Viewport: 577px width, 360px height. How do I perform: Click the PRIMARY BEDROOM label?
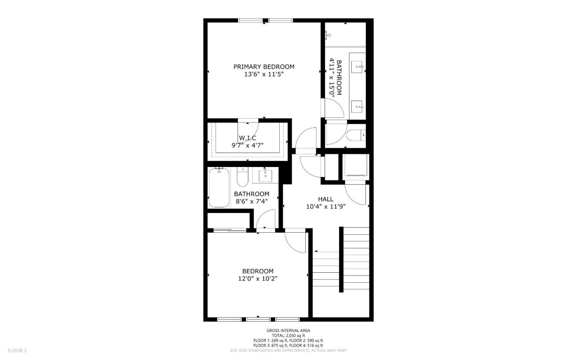click(264, 67)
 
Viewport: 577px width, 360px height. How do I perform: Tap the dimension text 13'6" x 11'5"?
click(264, 74)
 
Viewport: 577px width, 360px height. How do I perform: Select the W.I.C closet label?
click(248, 138)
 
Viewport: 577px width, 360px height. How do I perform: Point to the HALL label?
click(326, 199)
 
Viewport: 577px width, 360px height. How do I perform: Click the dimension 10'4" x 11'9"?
click(326, 207)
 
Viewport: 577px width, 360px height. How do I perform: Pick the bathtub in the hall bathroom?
click(219, 187)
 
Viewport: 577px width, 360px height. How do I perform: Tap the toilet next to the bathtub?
click(242, 177)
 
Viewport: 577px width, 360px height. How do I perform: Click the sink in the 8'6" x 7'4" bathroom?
click(265, 175)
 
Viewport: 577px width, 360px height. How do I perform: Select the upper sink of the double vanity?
click(357, 67)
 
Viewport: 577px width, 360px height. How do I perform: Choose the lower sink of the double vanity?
click(357, 107)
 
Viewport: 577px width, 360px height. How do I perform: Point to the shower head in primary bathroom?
click(328, 34)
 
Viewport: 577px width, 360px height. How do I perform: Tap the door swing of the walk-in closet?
click(248, 132)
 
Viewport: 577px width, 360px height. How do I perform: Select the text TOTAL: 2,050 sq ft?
click(288, 336)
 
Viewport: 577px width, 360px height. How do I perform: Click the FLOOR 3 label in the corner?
click(17, 350)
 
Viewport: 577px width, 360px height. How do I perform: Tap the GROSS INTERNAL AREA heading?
click(288, 331)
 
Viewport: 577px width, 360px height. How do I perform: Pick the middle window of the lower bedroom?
click(258, 320)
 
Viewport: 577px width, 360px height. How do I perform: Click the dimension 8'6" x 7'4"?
click(252, 201)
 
